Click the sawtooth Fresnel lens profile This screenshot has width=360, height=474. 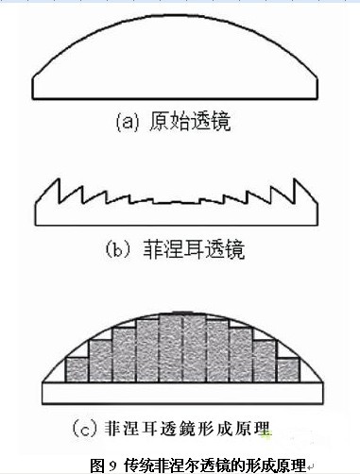click(180, 203)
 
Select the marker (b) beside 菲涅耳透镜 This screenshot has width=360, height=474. click(122, 251)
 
